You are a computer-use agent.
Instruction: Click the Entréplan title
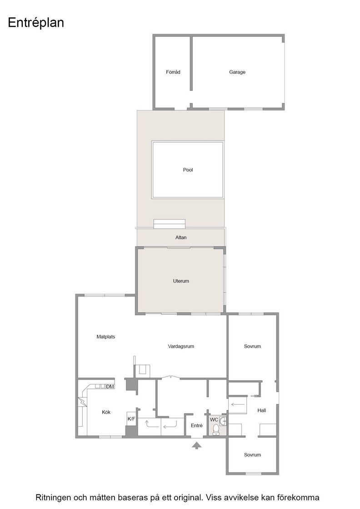click(x=36, y=23)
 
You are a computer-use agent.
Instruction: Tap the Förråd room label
click(x=173, y=72)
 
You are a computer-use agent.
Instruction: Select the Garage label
click(x=237, y=72)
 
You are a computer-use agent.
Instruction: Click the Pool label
click(x=188, y=170)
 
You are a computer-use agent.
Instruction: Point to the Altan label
click(x=181, y=237)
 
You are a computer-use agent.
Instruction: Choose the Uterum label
click(x=181, y=281)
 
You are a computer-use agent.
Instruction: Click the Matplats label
click(x=106, y=337)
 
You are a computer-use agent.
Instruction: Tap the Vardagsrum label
click(x=181, y=346)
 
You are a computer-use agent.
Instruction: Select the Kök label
click(x=106, y=412)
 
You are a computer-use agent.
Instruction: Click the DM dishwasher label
click(x=110, y=387)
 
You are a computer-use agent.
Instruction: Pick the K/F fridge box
click(x=131, y=419)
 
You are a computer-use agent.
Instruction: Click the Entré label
click(x=197, y=425)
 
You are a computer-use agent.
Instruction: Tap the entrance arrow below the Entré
click(x=196, y=445)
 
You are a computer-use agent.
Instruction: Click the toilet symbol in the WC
click(x=216, y=429)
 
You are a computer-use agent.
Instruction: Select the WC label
click(x=214, y=420)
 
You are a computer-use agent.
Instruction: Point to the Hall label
click(x=262, y=410)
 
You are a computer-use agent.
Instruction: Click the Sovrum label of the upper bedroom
click(x=252, y=346)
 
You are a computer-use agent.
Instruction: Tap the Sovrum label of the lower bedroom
click(x=252, y=455)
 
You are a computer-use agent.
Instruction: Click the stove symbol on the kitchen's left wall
click(x=82, y=402)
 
